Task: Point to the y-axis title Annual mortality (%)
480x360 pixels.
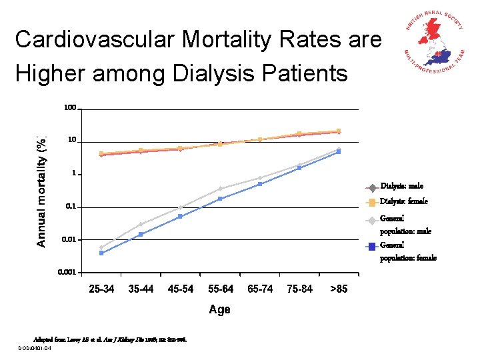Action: click(42, 191)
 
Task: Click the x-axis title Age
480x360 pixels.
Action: click(219, 309)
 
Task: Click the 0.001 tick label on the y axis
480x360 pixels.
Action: click(67, 272)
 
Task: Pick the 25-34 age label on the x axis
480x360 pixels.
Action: click(102, 289)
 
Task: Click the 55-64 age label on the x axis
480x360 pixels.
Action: click(221, 289)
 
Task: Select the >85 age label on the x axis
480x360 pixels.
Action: click(339, 289)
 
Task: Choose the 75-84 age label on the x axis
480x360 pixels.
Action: click(299, 289)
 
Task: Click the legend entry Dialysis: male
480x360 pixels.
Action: click(401, 186)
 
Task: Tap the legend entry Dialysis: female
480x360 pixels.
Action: click(404, 201)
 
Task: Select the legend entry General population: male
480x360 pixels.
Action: click(405, 225)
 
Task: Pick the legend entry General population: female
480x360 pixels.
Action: click(407, 251)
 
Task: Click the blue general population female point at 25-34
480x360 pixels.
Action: click(101, 253)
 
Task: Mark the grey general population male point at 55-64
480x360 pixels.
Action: click(220, 189)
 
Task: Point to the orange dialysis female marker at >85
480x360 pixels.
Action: click(339, 131)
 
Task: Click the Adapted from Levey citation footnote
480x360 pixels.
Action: click(111, 339)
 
